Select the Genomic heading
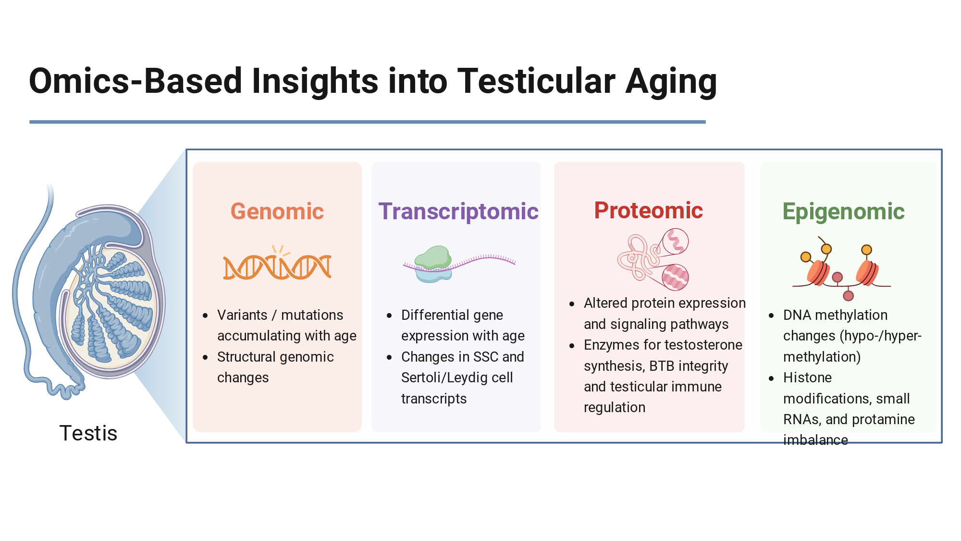pos(277,212)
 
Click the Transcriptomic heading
pos(458,212)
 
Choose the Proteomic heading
pos(649,211)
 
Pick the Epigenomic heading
pos(843,212)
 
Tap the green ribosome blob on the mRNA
pos(433,257)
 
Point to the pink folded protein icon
pos(653,259)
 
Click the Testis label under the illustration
pos(88,433)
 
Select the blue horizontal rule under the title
pos(368,122)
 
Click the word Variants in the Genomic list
pos(242,315)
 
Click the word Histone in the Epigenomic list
pos(807,377)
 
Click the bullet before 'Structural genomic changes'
pos(205,357)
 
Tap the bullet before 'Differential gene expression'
pos(389,315)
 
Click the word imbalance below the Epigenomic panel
pos(815,440)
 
